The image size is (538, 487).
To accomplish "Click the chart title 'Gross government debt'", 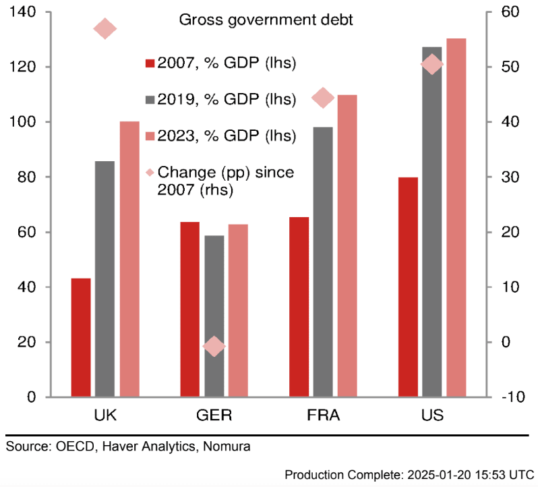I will pyautogui.click(x=266, y=20).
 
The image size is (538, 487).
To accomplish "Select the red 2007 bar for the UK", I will pyautogui.click(x=81, y=337).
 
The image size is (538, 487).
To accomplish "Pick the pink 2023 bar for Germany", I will pyautogui.click(x=238, y=310).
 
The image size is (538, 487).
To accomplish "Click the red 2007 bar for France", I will pyautogui.click(x=299, y=307).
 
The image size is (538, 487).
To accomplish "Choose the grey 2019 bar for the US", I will pyautogui.click(x=432, y=223).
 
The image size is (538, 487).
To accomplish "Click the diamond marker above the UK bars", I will pyautogui.click(x=105, y=29).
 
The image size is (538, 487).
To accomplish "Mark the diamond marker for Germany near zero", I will pyautogui.click(x=214, y=347).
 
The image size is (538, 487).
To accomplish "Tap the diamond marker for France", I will pyautogui.click(x=323, y=98).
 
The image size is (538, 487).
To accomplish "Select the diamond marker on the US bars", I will pyautogui.click(x=431, y=65).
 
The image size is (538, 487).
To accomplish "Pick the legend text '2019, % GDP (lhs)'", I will pyautogui.click(x=227, y=100).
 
